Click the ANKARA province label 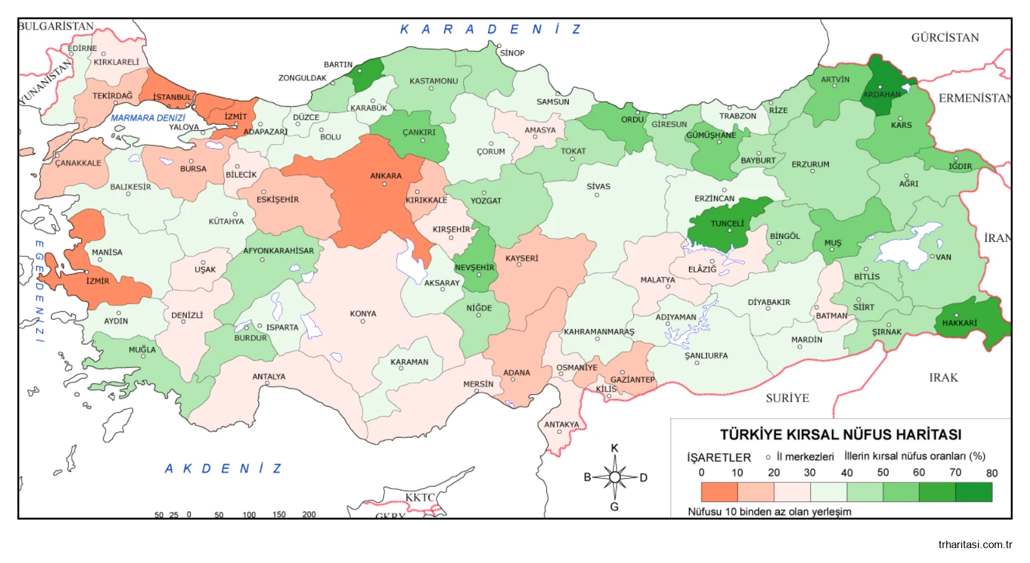coord(386,176)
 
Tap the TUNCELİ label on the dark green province coord(727,223)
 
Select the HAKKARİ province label coord(959,323)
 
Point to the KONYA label coord(363,313)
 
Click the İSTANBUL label coord(172,97)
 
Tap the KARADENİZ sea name coord(490,29)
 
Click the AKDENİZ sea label coord(224,469)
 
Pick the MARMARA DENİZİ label coord(148,118)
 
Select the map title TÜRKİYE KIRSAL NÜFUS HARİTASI coord(841,435)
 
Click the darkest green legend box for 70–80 coord(974,492)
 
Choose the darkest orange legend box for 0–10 coord(719,492)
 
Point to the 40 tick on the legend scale coord(846,473)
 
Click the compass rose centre coord(615,477)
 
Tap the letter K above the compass coord(615,448)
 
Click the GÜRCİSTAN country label coord(944,38)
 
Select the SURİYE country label coord(787,398)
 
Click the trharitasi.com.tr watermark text coord(975,545)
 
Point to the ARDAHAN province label coord(881,94)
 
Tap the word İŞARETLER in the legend coord(718,457)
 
